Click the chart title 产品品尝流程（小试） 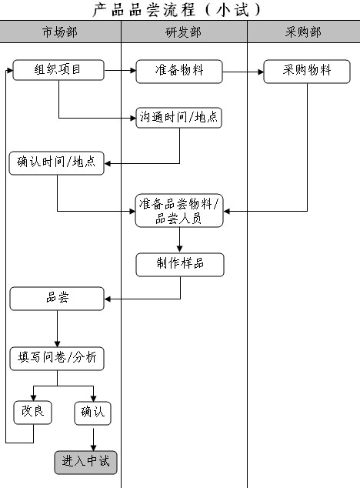(176, 10)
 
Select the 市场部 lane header (60, 32)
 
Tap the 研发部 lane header (184, 32)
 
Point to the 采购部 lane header (303, 32)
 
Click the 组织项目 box (58, 70)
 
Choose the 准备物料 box (179, 72)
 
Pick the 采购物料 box (307, 72)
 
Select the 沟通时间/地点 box (179, 118)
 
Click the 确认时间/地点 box (57, 163)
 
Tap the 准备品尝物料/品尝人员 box (179, 211)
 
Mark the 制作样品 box (180, 265)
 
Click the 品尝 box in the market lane (57, 299)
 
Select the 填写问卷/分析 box (57, 359)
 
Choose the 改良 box (32, 413)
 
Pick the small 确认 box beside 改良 (93, 413)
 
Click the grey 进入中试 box (86, 463)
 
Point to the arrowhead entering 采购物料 (261, 72)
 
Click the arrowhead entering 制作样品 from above (179, 249)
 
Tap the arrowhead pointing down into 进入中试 (93, 447)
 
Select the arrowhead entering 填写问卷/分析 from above (57, 343)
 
